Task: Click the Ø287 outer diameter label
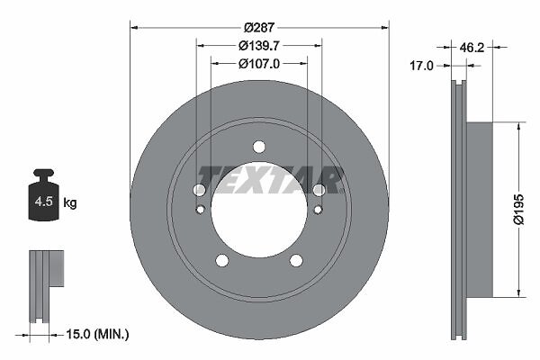259,27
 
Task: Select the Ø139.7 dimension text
258,45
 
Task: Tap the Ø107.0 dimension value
258,63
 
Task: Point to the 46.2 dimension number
472,48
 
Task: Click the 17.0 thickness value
421,66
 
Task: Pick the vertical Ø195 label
518,210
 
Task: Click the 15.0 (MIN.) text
97,334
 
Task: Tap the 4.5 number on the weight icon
44,202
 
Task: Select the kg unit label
70,202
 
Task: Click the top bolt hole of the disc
259,147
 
